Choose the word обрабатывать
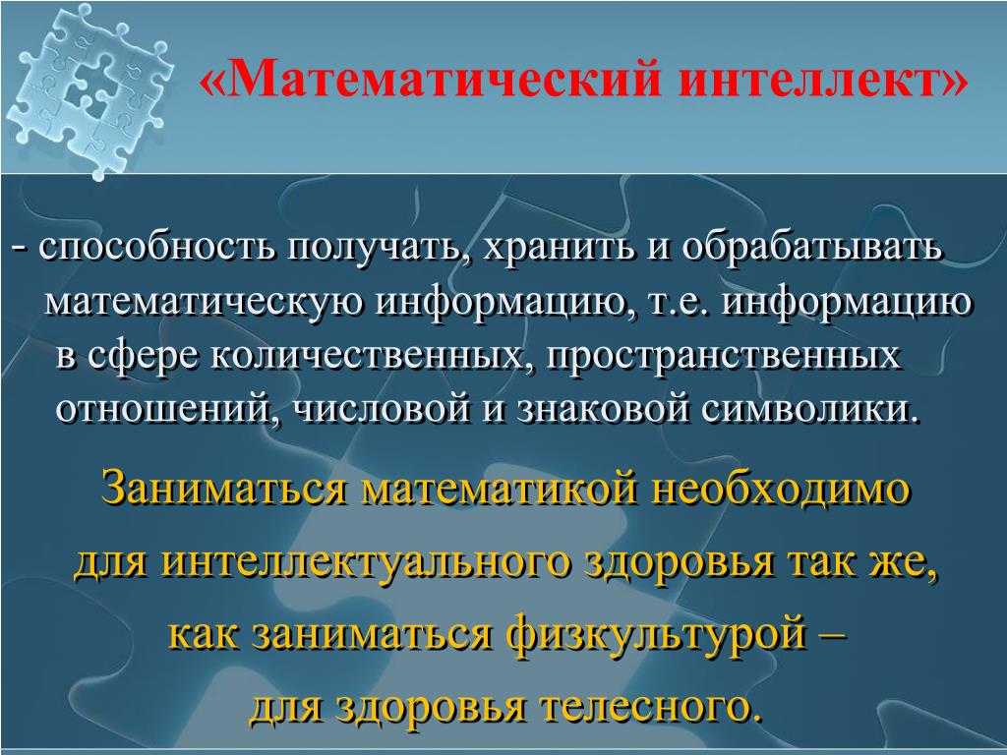(811, 248)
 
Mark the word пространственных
(723, 356)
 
